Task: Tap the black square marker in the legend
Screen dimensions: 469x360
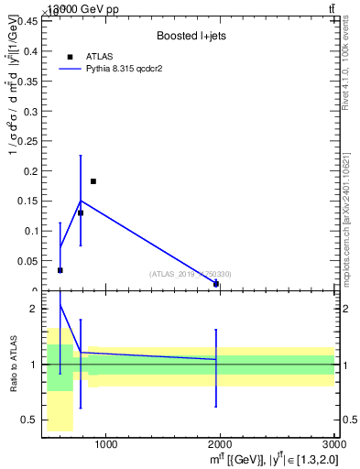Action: (x=71, y=57)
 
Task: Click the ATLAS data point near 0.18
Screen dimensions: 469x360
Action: (x=93, y=181)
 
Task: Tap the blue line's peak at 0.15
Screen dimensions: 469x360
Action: (x=81, y=201)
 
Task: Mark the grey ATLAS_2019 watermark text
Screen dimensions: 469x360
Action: (x=191, y=274)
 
